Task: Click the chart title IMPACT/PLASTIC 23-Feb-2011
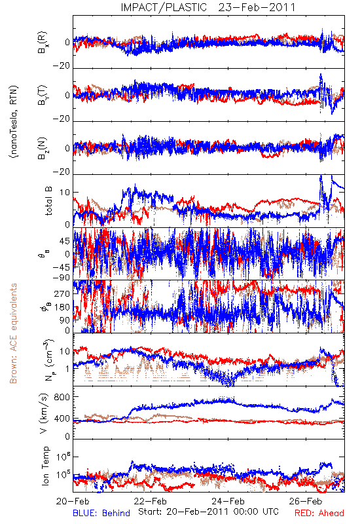pos(208,7)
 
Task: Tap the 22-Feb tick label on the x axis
pos(151,501)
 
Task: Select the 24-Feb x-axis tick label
pos(228,501)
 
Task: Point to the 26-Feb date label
pos(306,501)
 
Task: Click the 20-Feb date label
pos(73,501)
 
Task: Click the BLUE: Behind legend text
pos(101,513)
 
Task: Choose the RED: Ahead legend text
pos(319,513)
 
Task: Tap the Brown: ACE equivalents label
pos(13,333)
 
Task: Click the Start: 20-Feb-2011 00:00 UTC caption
pos(208,512)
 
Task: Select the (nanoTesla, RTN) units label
pos(14,122)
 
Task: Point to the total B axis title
pos(48,201)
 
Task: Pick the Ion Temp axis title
pos(45,466)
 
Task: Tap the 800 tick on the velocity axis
pos(62,397)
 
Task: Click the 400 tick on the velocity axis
pos(62,419)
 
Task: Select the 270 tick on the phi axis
pos(62,293)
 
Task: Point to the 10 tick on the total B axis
pos(65,193)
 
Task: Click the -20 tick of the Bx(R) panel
pos(62,65)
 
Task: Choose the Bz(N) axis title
pos(43,148)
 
